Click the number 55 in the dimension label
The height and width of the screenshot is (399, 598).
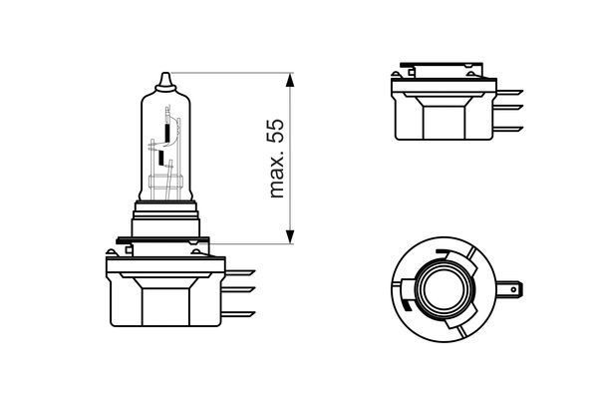pos(278,131)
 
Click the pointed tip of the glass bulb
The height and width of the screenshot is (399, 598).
pos(165,76)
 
